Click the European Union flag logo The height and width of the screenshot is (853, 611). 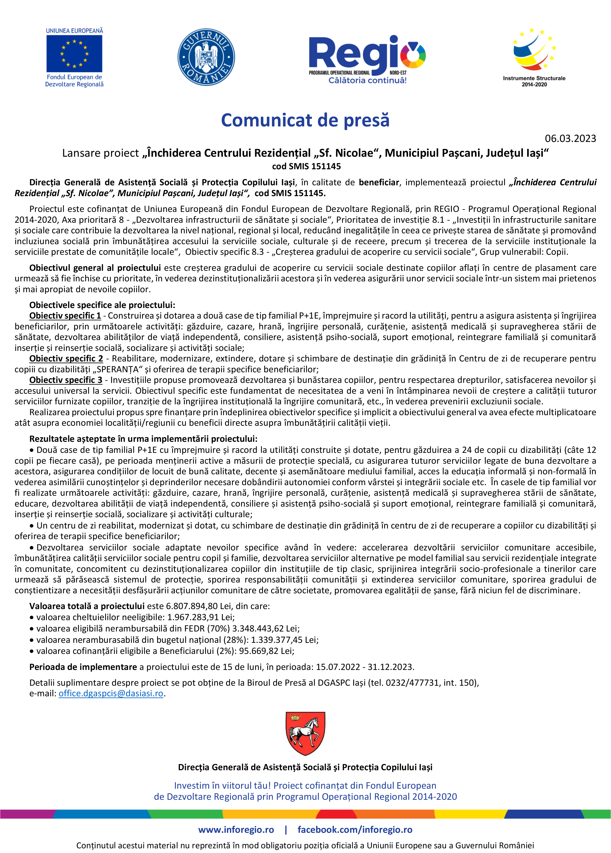tap(74, 53)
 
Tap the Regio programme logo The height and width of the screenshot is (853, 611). tap(367, 59)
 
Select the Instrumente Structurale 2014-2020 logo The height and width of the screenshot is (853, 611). tap(534, 56)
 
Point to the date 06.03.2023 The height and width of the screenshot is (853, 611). tap(570, 138)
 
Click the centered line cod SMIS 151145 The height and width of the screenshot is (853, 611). tap(306, 166)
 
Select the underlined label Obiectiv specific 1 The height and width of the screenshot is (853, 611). tap(65, 316)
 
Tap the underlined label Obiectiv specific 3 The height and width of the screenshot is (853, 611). tap(66, 380)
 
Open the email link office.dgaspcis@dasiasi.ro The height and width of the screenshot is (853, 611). tap(111, 693)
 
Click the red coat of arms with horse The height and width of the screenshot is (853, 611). tap(305, 733)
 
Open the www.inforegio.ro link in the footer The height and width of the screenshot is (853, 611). tap(236, 830)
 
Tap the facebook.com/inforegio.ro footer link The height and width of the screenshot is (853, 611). tap(355, 830)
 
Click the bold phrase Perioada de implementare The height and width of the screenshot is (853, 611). tap(83, 667)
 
